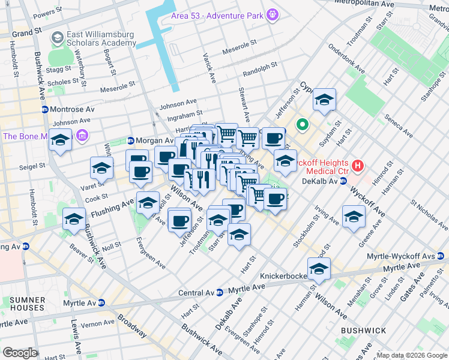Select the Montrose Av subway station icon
[44, 110]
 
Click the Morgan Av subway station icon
[130, 141]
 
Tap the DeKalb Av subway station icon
[342, 181]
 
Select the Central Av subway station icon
[220, 292]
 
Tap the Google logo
[19, 353]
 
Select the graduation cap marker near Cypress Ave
[324, 100]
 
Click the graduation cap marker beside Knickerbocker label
[319, 269]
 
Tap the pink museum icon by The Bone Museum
[82, 136]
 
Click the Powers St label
[49, 13]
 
